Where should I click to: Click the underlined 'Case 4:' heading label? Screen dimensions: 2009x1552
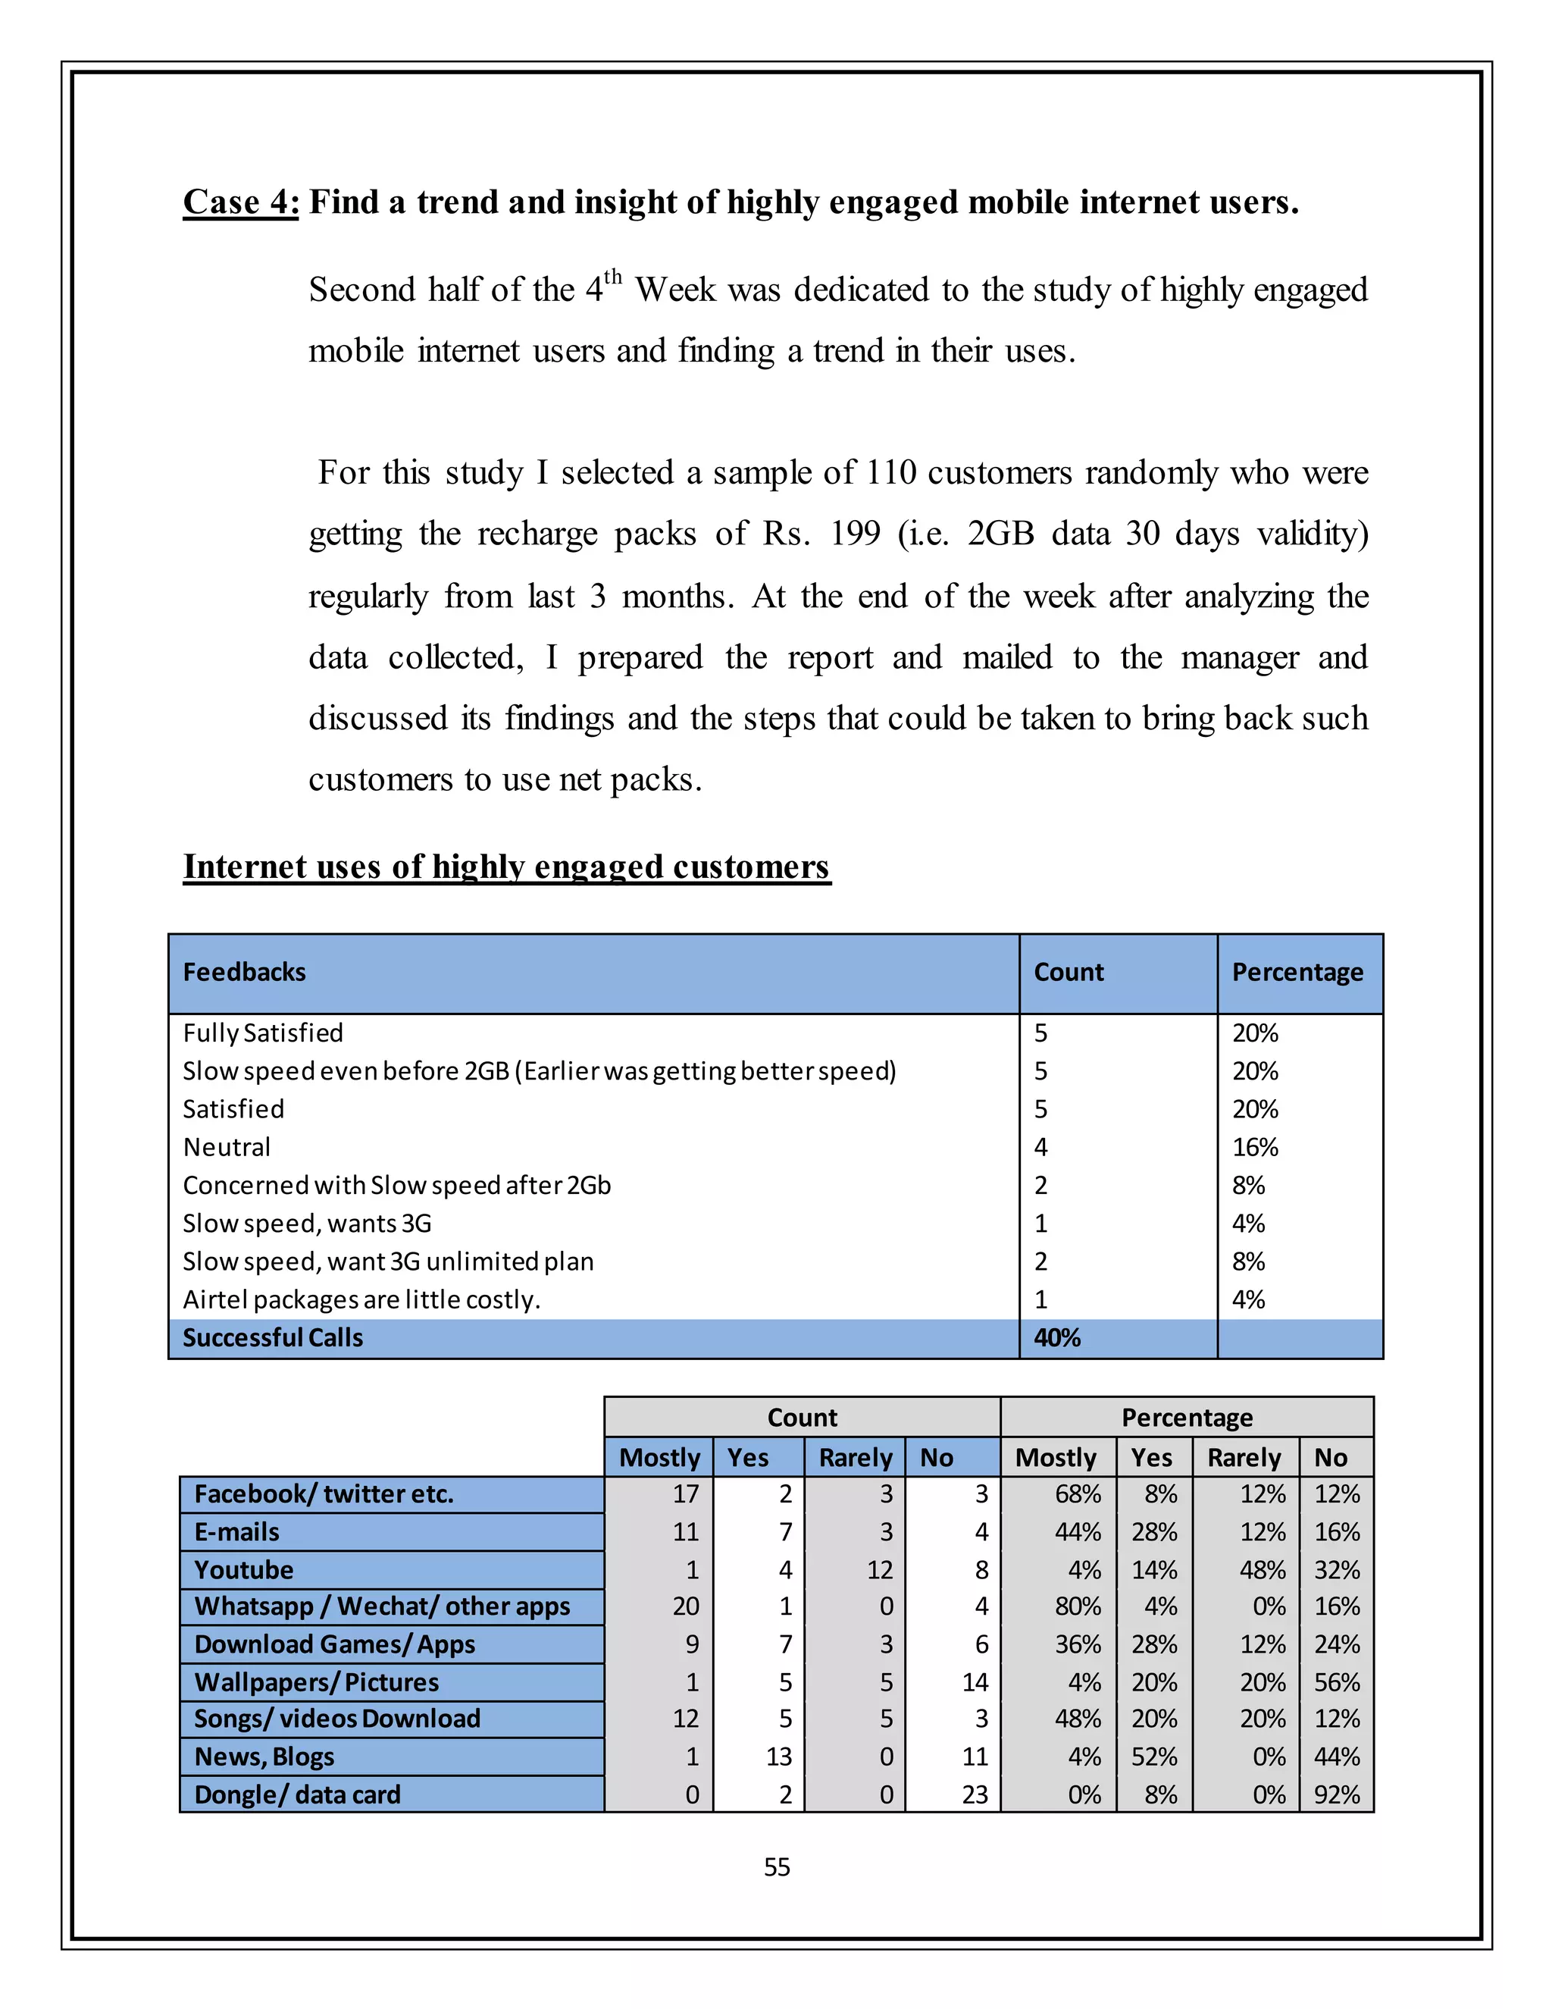pos(241,202)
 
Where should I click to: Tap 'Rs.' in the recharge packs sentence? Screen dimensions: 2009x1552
pos(786,534)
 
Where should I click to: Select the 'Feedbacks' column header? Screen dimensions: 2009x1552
pos(244,973)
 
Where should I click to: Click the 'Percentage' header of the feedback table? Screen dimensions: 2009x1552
pos(1297,973)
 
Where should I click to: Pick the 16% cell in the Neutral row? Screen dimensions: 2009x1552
pos(1254,1147)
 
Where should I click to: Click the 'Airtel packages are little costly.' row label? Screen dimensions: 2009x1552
pos(361,1299)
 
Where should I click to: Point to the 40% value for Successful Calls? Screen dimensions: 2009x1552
pos(1056,1337)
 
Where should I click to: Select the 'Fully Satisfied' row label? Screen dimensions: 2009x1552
pos(263,1033)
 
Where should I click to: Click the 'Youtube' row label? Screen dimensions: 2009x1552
pos(244,1569)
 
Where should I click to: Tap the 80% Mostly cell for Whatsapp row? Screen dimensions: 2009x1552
pos(1077,1606)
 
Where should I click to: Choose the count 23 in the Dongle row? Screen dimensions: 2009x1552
pos(974,1794)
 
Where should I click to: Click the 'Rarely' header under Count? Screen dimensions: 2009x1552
pos(854,1458)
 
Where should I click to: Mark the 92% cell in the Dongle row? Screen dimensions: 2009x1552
pos(1336,1794)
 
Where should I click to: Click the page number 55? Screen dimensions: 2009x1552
pos(777,1867)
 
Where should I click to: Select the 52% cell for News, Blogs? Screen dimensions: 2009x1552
pos(1154,1757)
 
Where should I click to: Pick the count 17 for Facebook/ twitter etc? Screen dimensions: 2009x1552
pos(685,1494)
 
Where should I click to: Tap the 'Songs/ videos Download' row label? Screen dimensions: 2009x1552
pos(337,1719)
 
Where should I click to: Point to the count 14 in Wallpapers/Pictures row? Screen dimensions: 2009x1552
pos(974,1682)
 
